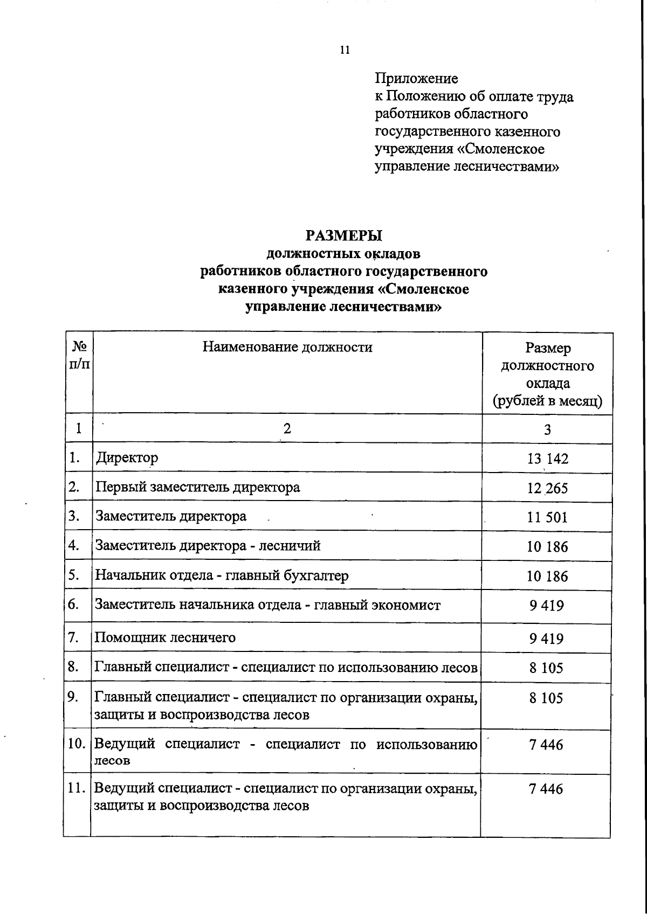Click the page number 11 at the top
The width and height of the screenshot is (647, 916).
click(x=345, y=50)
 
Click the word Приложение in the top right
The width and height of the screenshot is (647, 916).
click(x=416, y=79)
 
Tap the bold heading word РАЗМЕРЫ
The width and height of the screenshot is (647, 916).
click(x=343, y=236)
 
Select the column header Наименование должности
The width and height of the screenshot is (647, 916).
click(x=287, y=346)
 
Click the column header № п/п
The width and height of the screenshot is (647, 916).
click(x=79, y=355)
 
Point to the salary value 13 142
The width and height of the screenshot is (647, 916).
click(x=547, y=459)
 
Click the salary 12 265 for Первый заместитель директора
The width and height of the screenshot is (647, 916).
click(x=547, y=488)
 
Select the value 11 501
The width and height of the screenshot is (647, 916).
click(x=547, y=517)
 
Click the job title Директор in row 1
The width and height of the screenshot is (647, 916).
click(x=127, y=458)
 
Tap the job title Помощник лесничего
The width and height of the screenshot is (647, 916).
click(x=165, y=637)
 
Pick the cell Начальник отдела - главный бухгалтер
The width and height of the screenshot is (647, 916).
click(x=222, y=575)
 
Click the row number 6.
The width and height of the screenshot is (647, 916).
click(x=74, y=604)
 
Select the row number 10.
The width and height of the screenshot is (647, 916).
click(x=77, y=744)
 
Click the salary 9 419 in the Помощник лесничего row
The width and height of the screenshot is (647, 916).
click(x=546, y=639)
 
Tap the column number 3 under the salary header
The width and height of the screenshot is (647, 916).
click(x=547, y=429)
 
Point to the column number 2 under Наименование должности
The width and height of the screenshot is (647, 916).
click(x=287, y=428)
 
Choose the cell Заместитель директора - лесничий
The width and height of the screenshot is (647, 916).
click(x=208, y=546)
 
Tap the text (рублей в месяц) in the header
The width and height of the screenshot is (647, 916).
click(x=547, y=401)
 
